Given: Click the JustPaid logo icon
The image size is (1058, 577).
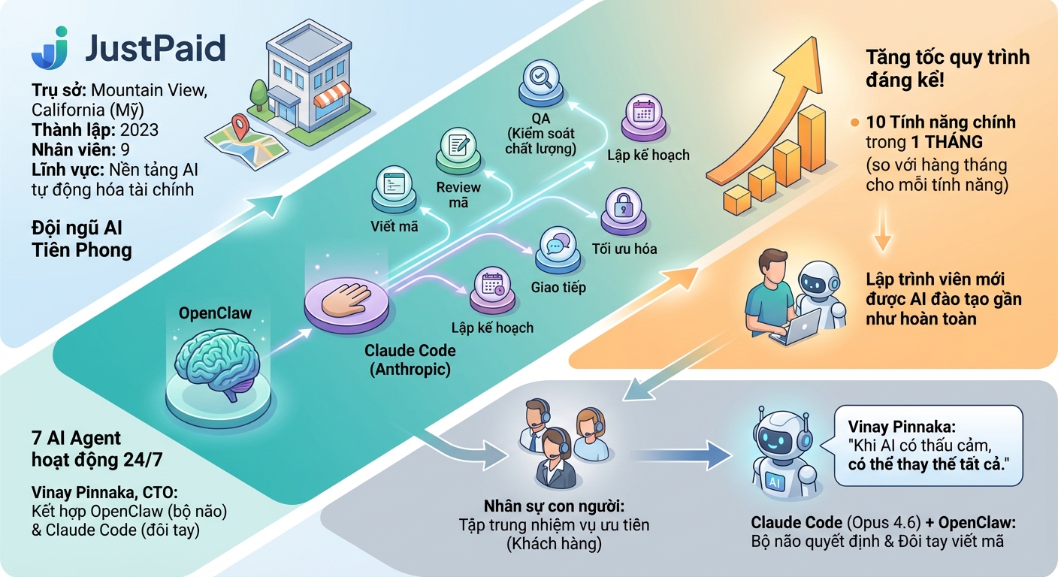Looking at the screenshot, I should click(50, 48).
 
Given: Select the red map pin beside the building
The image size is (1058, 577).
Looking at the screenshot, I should click(240, 128).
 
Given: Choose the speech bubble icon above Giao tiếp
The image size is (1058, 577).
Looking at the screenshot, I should click(558, 246).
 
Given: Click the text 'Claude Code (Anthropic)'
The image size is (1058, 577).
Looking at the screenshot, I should click(410, 359).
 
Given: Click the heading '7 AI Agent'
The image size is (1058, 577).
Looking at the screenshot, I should click(77, 437).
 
